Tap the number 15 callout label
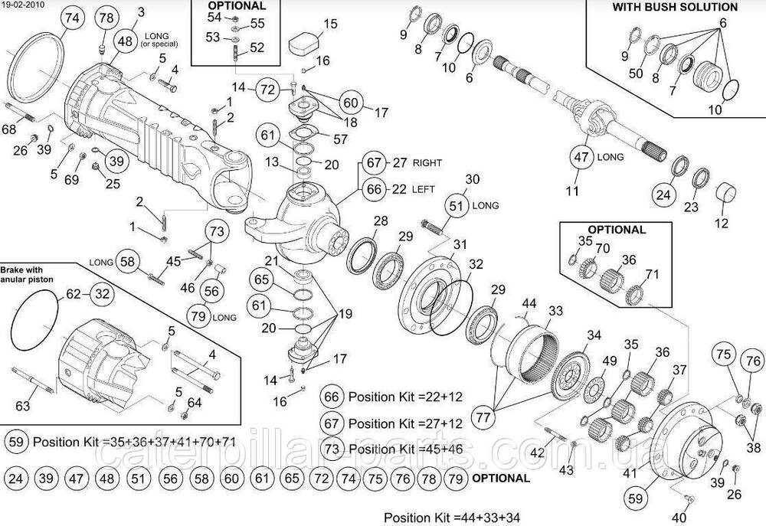coord(329,24)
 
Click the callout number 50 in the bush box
coord(636,72)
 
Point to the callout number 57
coord(340,139)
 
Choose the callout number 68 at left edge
coord(8,129)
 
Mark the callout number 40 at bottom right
coord(679,517)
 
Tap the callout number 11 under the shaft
coord(572,191)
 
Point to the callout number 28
coord(381,221)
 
